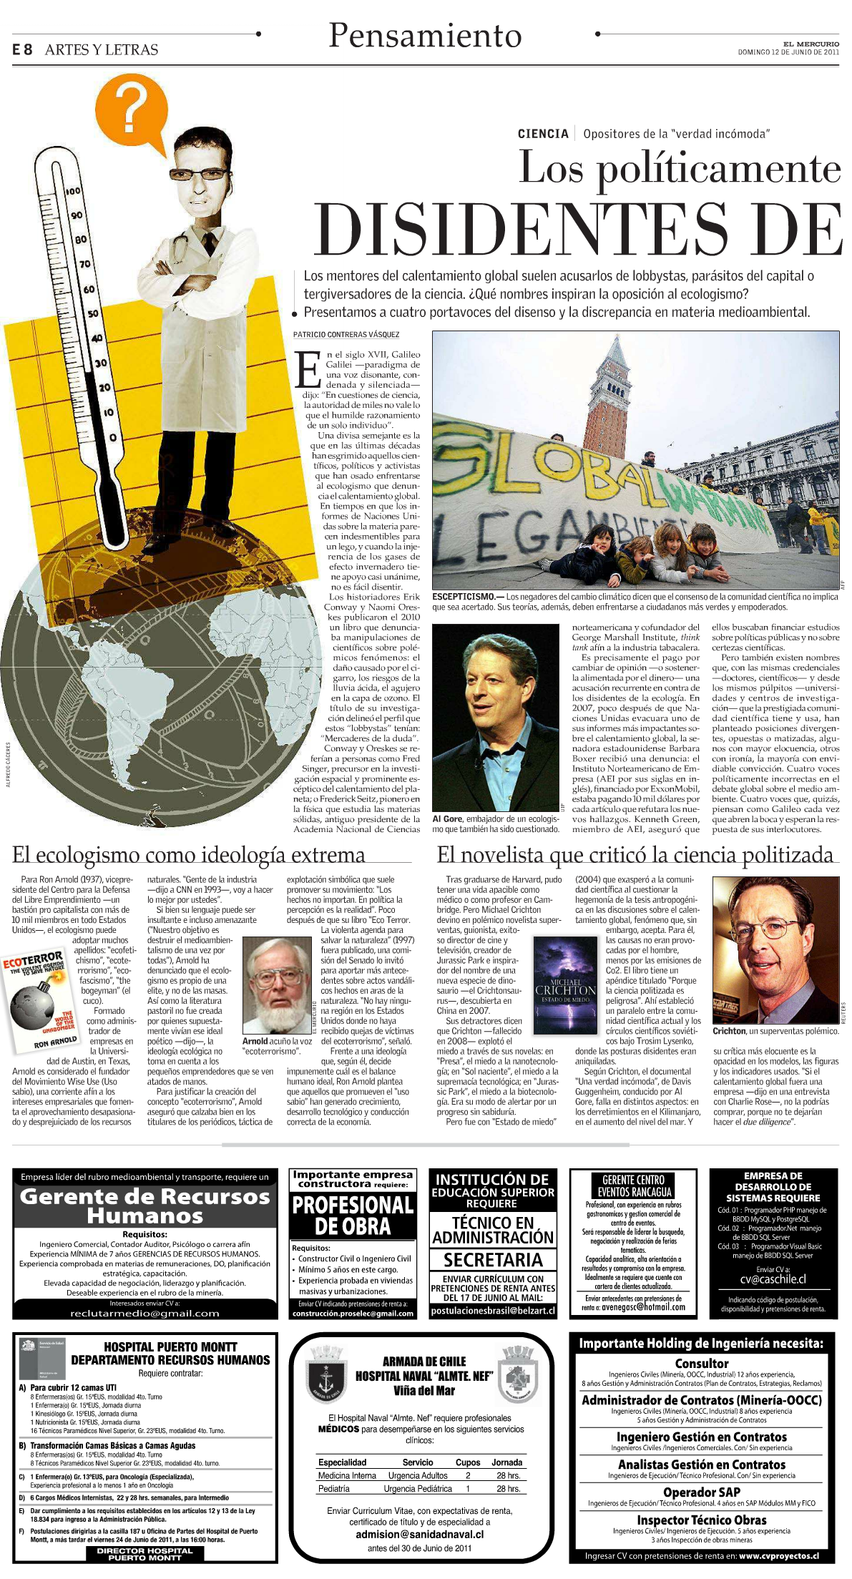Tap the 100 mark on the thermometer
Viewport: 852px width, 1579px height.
[72, 192]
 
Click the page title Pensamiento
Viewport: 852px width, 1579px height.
[425, 36]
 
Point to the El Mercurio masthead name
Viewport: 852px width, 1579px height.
[810, 44]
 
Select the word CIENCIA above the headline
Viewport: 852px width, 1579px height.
[543, 134]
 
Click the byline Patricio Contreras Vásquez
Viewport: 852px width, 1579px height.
[346, 335]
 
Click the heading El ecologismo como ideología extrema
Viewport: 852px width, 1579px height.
[189, 855]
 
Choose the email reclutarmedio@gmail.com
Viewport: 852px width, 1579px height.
[145, 1313]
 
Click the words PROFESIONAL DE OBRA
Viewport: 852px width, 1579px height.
[353, 1216]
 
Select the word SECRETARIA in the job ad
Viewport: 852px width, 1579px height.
[492, 1259]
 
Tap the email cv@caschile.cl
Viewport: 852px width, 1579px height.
[773, 1280]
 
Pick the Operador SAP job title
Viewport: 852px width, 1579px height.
[701, 1492]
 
